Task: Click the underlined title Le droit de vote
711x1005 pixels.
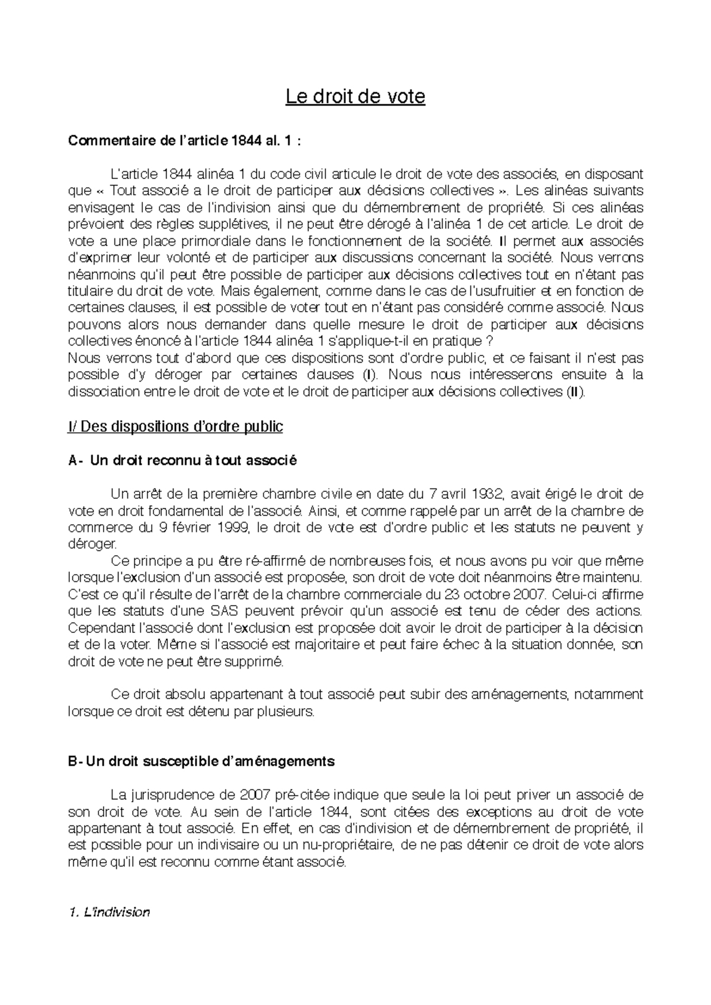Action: point(355,96)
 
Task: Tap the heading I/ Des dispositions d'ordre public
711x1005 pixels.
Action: point(175,426)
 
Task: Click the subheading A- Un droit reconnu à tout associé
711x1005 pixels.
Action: point(182,460)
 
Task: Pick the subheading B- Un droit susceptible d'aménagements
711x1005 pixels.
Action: point(201,761)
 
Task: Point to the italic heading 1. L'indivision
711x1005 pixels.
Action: point(110,912)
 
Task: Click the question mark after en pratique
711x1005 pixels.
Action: point(488,342)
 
